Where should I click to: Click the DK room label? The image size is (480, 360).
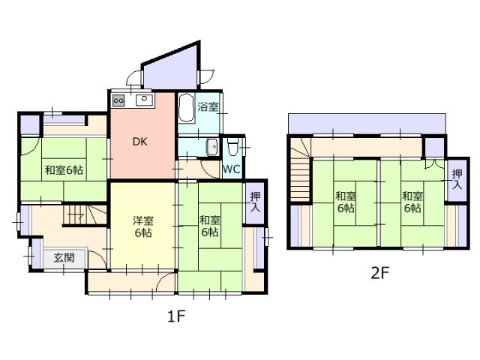pos(140,142)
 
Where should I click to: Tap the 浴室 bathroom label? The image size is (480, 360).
pos(208,106)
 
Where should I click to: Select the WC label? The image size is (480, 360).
pos(232,169)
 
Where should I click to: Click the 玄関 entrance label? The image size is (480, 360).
pos(64,257)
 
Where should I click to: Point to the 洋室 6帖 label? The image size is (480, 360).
pos(143,226)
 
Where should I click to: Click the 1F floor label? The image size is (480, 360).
pos(177,316)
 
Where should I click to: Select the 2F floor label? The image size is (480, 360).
pos(380,273)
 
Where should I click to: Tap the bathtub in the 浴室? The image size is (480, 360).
pos(187,108)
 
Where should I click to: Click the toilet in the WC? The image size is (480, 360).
pos(233,146)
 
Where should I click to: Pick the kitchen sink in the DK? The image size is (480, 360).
pos(145,100)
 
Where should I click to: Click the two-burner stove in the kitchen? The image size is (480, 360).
pos(118,100)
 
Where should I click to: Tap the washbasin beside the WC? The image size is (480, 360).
pos(211,147)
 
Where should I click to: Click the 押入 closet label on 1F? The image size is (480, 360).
pos(255,202)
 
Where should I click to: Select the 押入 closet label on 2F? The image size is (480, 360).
pos(457,179)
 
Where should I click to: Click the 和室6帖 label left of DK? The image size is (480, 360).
pos(64,170)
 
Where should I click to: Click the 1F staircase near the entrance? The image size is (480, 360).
pos(85,215)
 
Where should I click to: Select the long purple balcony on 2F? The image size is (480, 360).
pos(367,124)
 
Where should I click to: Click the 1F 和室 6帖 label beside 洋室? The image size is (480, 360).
pos(210,226)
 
